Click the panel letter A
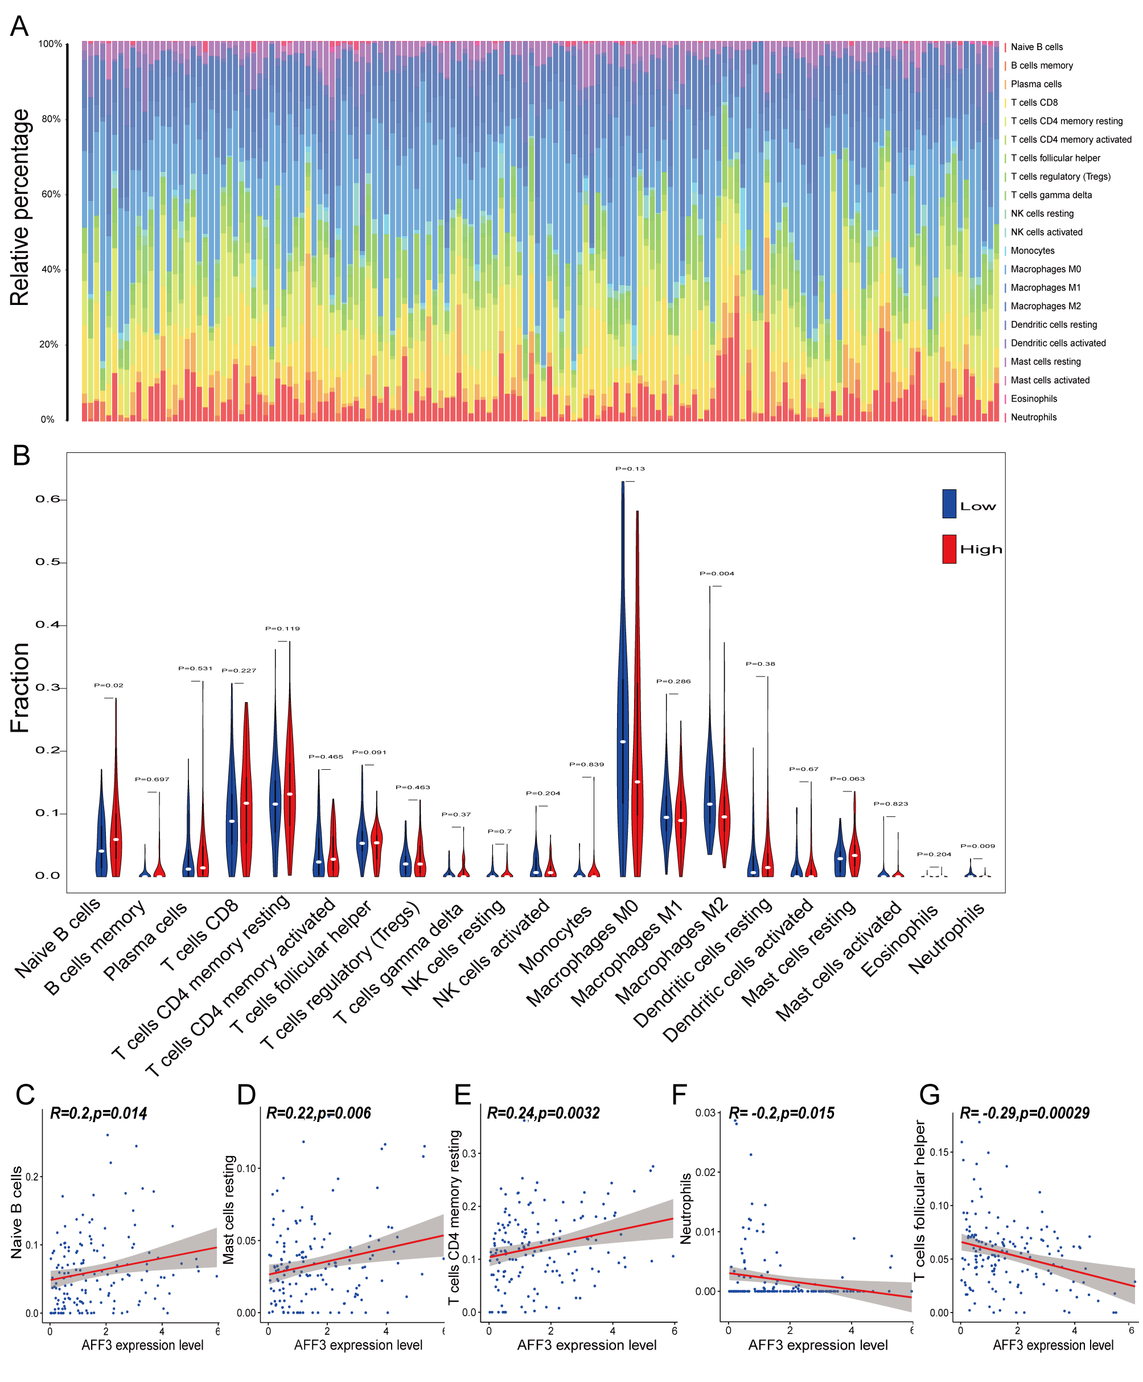(x=20, y=26)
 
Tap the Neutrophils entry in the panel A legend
(x=1033, y=417)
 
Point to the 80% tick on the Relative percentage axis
(x=51, y=119)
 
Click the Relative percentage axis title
(x=20, y=207)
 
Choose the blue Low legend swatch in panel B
(x=949, y=504)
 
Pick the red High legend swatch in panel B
(x=949, y=549)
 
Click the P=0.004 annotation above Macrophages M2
(x=716, y=573)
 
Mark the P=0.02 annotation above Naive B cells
(x=109, y=685)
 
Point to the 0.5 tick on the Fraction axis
(x=47, y=562)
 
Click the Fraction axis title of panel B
(x=20, y=688)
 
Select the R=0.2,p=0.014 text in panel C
(x=99, y=1113)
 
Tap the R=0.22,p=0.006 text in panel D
(x=319, y=1113)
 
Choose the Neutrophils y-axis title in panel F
(x=685, y=1208)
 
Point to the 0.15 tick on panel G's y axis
(x=940, y=1152)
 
